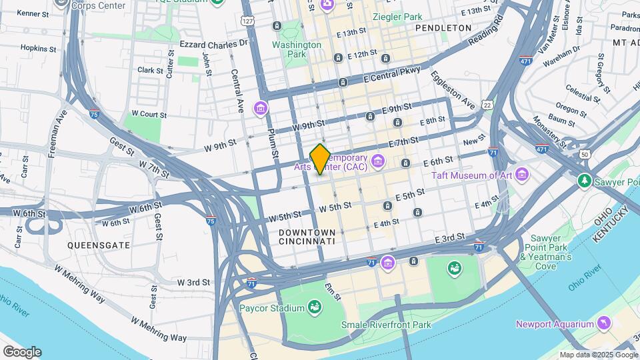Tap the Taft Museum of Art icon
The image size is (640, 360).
pos(522,175)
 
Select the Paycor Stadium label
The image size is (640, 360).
pos(269,307)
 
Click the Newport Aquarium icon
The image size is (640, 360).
pos(603,324)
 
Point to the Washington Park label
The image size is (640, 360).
pos(297,49)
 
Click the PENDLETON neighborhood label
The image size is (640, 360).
pos(443,28)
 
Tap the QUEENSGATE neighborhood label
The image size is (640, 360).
pos(98,245)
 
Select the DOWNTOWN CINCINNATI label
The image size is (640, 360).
pos(307,236)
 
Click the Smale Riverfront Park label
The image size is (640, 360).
pos(385,325)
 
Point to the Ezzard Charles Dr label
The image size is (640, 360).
pos(213,43)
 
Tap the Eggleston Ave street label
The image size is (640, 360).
pos(452,90)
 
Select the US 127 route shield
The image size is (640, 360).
pos(248,21)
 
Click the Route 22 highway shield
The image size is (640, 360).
pos(488,105)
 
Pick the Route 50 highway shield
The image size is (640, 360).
pos(585,154)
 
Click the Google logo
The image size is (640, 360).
pos(22,351)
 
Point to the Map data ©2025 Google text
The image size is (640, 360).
pos(598,355)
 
